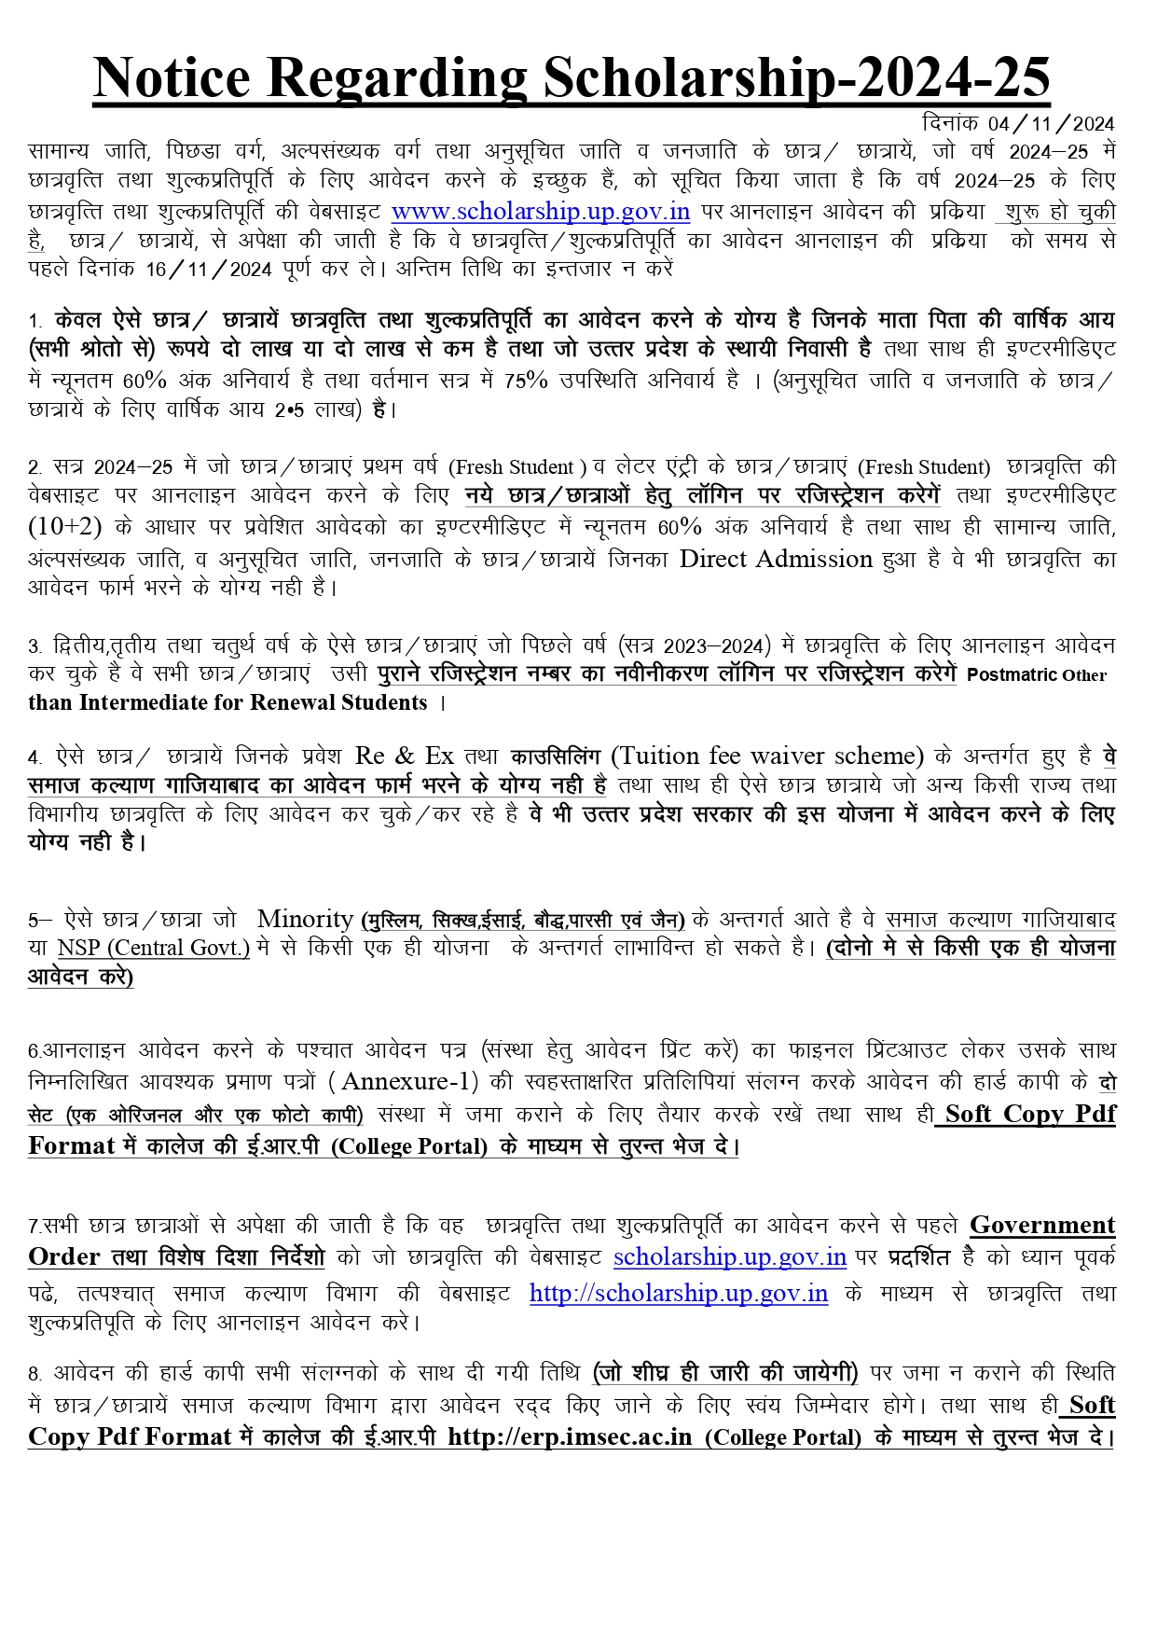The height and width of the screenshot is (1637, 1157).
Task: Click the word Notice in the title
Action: point(172,77)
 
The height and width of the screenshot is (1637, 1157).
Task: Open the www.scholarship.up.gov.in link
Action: point(541,212)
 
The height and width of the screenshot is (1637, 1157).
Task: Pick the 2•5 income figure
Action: point(289,409)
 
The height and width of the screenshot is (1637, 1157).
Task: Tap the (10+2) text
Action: point(65,527)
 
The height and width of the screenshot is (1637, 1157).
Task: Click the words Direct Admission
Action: point(776,559)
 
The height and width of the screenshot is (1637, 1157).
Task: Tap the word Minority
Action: point(305,919)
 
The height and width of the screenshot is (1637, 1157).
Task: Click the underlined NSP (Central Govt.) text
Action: point(154,948)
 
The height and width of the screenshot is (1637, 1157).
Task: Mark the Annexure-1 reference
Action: point(410,1081)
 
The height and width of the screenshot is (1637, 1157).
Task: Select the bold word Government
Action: point(1042,1225)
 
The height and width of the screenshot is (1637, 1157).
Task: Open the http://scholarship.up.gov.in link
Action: point(679,1293)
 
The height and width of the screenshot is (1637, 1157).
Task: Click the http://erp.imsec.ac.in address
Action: point(570,1436)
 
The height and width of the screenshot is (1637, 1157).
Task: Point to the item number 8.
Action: point(34,1374)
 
